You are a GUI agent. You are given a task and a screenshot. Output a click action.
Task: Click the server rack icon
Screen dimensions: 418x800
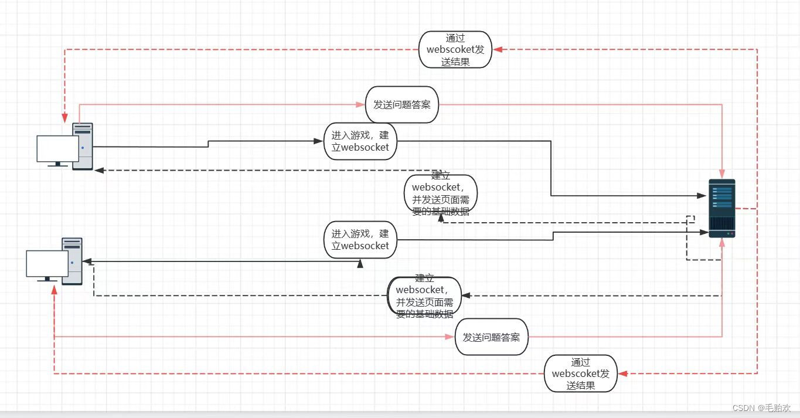pyautogui.click(x=721, y=208)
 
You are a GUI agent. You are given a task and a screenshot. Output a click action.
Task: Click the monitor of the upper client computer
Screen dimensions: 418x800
pyautogui.click(x=57, y=149)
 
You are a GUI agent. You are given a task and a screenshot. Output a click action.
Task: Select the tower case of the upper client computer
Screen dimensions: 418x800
pyautogui.click(x=83, y=146)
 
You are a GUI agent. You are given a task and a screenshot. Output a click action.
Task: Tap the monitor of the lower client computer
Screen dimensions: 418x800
pyautogui.click(x=47, y=264)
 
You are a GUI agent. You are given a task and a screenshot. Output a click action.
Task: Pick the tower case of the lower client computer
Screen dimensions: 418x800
pyautogui.click(x=73, y=261)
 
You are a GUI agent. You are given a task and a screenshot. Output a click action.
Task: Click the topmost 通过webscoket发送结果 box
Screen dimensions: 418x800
pyautogui.click(x=455, y=50)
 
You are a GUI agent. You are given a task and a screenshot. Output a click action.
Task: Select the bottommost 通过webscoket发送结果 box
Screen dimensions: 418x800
pyautogui.click(x=580, y=373)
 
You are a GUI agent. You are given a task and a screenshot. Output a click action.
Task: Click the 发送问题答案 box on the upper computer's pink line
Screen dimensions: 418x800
pyautogui.click(x=402, y=104)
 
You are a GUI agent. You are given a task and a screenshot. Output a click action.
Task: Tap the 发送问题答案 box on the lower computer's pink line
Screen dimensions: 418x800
pyautogui.click(x=491, y=337)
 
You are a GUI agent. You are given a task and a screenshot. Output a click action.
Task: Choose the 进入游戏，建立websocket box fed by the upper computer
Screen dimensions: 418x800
pyautogui.click(x=360, y=141)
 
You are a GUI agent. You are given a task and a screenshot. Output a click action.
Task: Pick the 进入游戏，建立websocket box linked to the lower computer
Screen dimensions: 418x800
pyautogui.click(x=360, y=239)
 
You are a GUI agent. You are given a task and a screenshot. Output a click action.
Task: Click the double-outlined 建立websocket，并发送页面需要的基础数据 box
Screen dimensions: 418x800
pyautogui.click(x=425, y=296)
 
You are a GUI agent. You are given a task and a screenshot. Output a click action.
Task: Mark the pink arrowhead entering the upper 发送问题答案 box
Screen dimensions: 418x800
pyautogui.click(x=361, y=105)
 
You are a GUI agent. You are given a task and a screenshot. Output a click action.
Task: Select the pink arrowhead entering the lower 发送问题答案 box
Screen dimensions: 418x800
pyautogui.click(x=451, y=337)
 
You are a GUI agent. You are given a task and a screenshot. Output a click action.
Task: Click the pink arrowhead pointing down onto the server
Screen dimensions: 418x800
pyautogui.click(x=722, y=174)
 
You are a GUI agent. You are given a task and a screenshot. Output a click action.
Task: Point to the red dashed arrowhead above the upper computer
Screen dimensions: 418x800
pyautogui.click(x=64, y=119)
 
